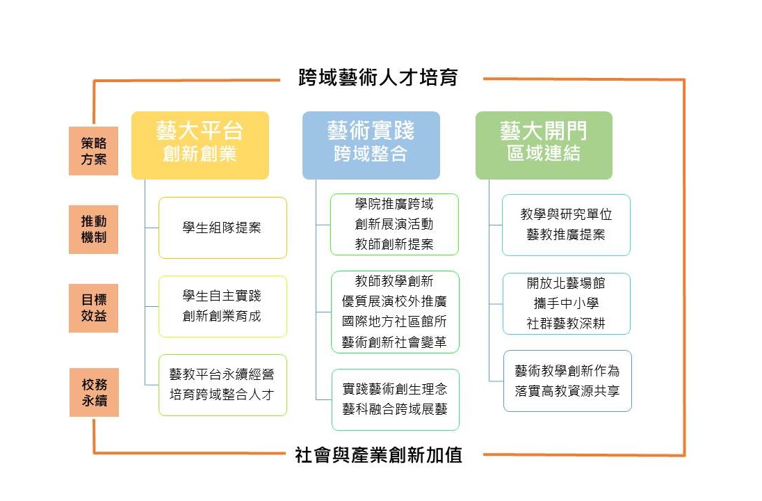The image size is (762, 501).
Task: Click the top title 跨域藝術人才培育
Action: click(378, 77)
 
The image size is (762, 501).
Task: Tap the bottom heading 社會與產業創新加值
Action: click(378, 456)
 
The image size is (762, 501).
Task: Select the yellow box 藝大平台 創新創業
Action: click(200, 145)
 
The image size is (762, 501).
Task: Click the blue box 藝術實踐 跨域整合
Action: click(371, 145)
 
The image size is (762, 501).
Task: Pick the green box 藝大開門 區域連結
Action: click(544, 145)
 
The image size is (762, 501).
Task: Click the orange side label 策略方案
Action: click(94, 151)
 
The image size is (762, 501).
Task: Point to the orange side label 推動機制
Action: click(94, 230)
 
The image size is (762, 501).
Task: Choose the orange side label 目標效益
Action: click(94, 308)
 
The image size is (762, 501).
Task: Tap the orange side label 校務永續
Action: click(94, 392)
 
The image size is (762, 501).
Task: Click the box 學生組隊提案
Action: click(222, 228)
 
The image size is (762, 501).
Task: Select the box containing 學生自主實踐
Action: click(222, 306)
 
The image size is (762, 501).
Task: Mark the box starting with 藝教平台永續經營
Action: click(222, 385)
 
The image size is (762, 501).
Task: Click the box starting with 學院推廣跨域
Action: click(394, 224)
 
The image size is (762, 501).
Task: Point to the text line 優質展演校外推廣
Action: click(394, 301)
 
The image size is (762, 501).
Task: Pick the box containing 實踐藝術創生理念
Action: click(394, 399)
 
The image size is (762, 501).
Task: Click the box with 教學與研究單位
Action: click(566, 225)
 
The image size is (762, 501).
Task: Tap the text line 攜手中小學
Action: click(566, 303)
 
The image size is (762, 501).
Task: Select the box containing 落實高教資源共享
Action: click(567, 381)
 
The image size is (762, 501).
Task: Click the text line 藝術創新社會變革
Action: click(394, 342)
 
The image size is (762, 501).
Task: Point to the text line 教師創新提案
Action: click(394, 244)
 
